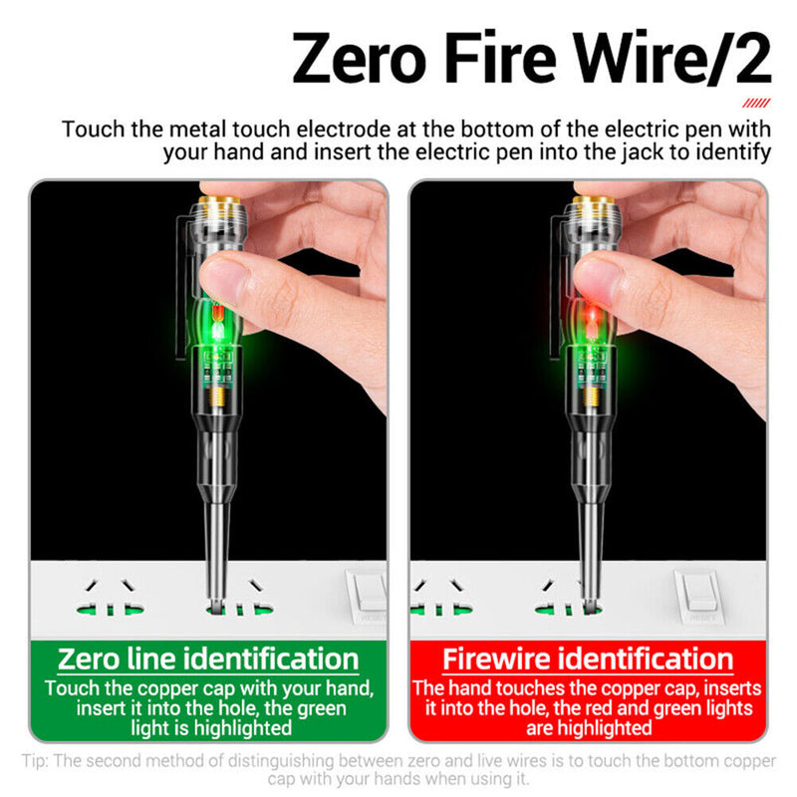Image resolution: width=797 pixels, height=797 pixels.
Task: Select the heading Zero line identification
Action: pos(208,659)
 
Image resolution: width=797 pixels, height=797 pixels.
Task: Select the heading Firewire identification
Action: pos(588,659)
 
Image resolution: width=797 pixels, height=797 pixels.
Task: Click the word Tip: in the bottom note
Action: pos(36,762)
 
